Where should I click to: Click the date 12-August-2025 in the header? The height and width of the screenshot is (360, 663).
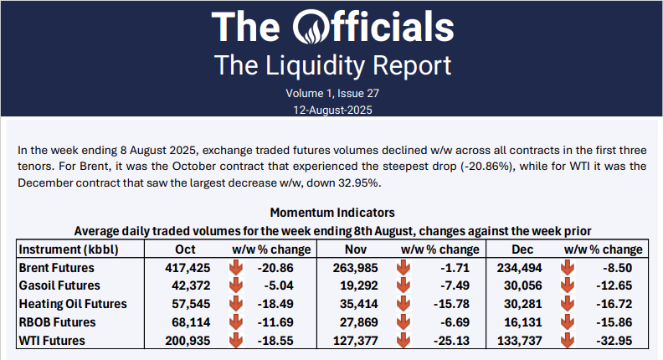[331, 110]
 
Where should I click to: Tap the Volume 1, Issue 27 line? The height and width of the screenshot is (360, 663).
[331, 93]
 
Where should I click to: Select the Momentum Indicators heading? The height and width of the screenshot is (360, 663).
[331, 213]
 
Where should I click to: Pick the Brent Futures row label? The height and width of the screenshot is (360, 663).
[56, 268]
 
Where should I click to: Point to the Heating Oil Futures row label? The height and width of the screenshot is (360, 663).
[72, 304]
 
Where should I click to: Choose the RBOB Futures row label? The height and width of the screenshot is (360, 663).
[57, 322]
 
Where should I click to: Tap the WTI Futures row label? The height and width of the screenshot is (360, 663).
[52, 340]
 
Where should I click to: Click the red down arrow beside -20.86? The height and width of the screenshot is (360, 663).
[237, 268]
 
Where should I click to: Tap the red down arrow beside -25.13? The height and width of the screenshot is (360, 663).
[403, 340]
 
